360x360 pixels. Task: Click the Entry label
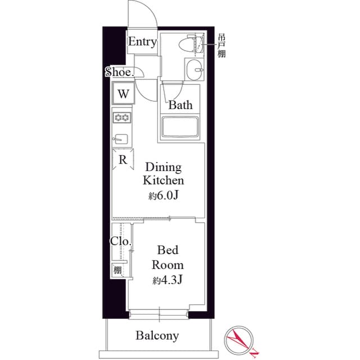(142, 42)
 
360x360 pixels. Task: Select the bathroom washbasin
(195, 71)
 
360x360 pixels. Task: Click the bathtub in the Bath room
(181, 127)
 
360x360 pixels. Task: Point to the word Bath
(181, 105)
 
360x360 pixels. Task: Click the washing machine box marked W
(123, 93)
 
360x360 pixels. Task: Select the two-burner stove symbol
(122, 118)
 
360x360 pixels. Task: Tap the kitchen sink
(121, 138)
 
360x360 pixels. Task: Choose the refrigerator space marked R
(123, 159)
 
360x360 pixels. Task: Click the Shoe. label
(119, 72)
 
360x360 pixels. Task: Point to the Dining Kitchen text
(163, 174)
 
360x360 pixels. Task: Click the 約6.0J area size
(163, 195)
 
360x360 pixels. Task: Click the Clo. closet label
(120, 242)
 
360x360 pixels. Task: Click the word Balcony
(157, 336)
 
